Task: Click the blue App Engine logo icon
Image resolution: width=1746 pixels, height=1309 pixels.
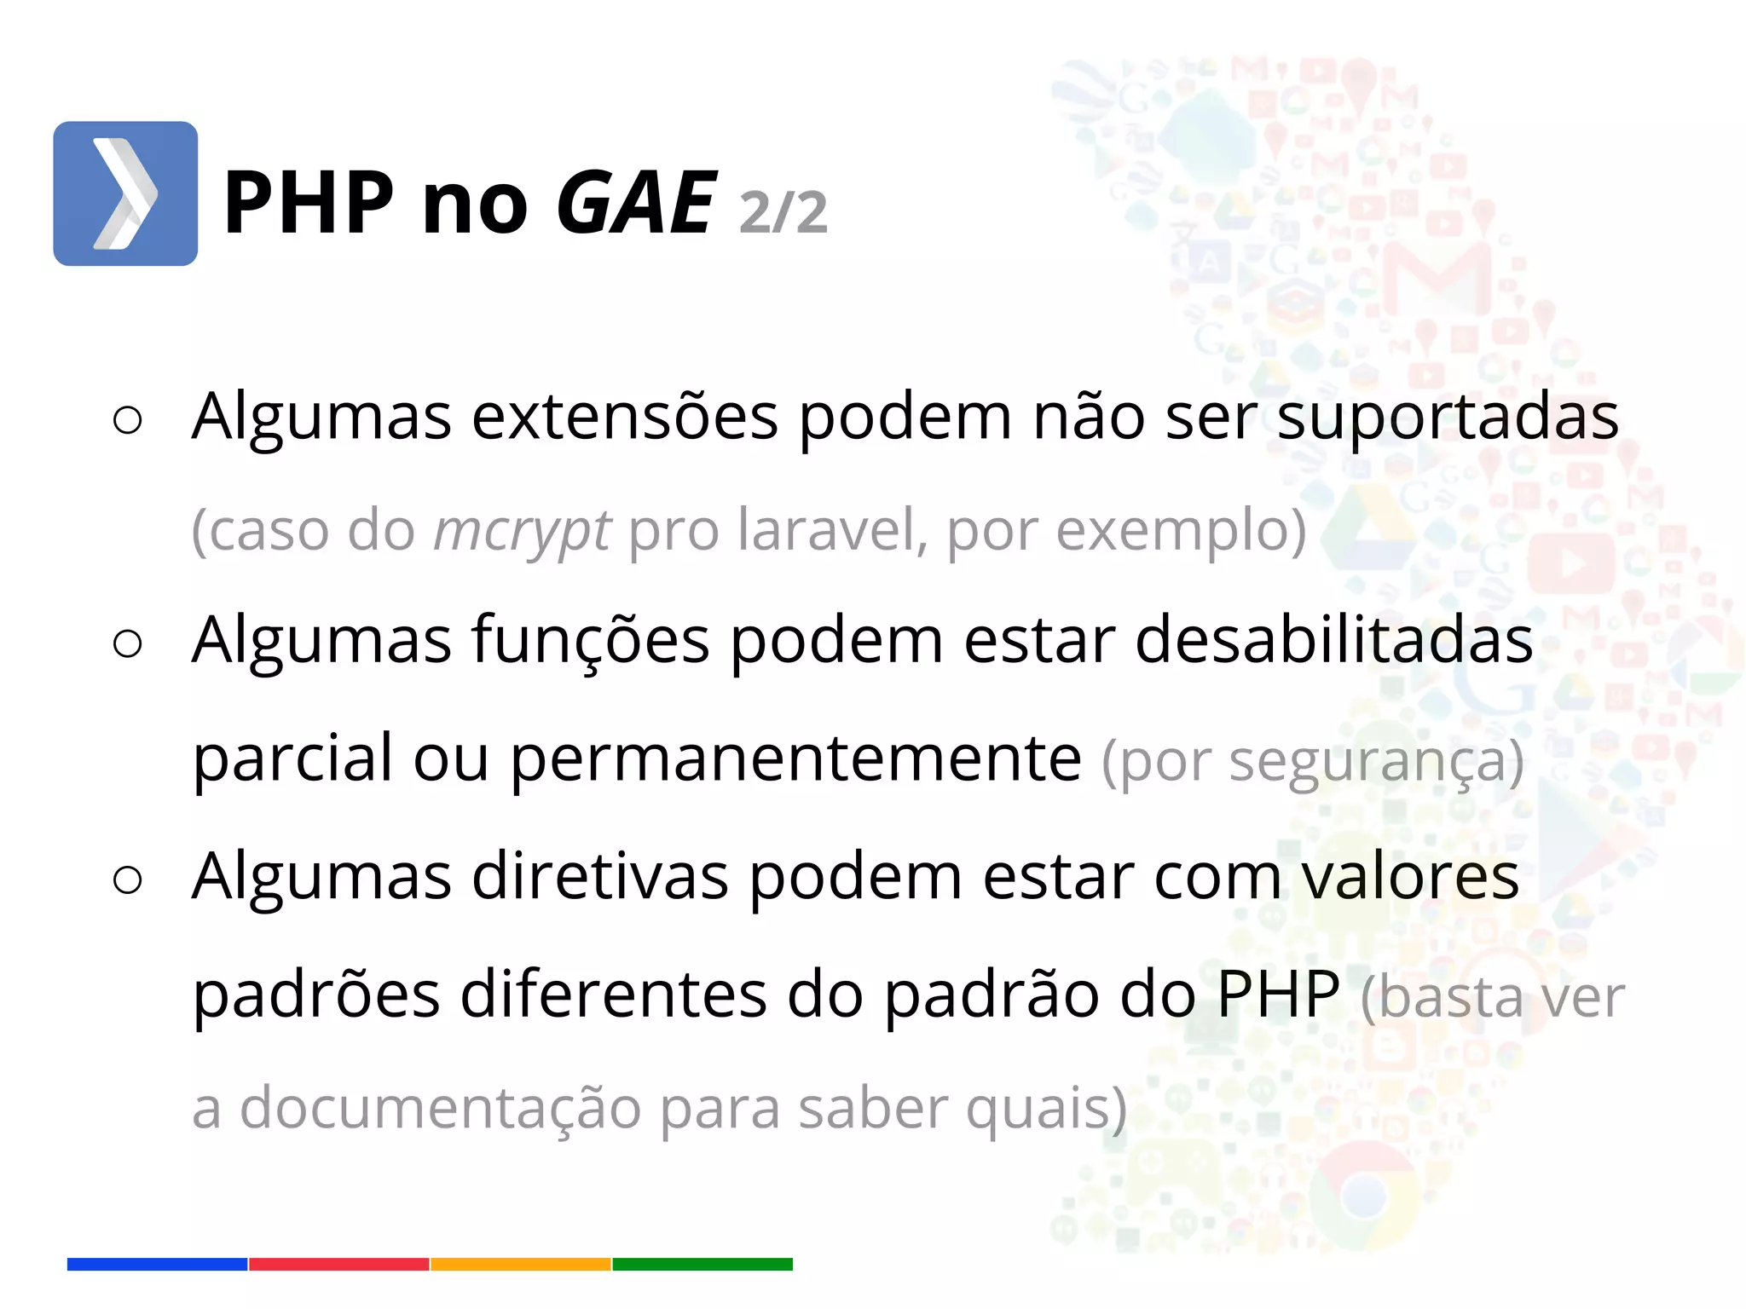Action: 125,193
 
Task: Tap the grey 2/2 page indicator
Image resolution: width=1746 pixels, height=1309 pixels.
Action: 783,212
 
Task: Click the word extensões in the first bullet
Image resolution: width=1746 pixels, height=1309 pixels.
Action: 625,417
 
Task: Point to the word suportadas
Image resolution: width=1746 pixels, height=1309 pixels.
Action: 1447,418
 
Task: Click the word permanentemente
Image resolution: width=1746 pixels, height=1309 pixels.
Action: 795,758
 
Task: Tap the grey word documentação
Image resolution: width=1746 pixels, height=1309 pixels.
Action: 440,1109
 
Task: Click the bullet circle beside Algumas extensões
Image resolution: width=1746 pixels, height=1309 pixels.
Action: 127,420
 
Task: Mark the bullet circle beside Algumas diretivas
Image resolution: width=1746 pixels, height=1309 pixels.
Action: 127,879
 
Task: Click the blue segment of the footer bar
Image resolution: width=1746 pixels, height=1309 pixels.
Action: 157,1264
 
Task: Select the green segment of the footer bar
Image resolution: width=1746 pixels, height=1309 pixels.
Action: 702,1264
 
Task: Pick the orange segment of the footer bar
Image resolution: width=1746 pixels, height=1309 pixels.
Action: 521,1264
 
